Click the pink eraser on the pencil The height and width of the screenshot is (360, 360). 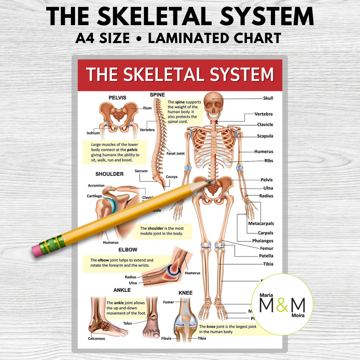point(37,250)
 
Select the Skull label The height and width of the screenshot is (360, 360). point(268,98)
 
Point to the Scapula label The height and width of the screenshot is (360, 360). point(265,136)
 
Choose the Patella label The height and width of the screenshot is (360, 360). point(266,256)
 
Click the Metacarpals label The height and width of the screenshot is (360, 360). point(261,224)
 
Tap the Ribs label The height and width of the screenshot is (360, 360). point(269,161)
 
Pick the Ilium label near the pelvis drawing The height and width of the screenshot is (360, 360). point(147,108)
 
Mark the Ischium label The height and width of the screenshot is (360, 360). point(93,133)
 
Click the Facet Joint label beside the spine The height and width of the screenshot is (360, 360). point(176,154)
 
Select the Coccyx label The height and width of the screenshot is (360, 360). point(171,177)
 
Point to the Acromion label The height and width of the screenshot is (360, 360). point(96,186)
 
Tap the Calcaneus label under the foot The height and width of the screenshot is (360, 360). point(96,338)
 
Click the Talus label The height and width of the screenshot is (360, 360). point(128,323)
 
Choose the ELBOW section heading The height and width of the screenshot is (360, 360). point(128,250)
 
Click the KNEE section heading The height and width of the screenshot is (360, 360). point(186,293)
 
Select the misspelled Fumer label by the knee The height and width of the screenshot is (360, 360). point(168,302)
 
